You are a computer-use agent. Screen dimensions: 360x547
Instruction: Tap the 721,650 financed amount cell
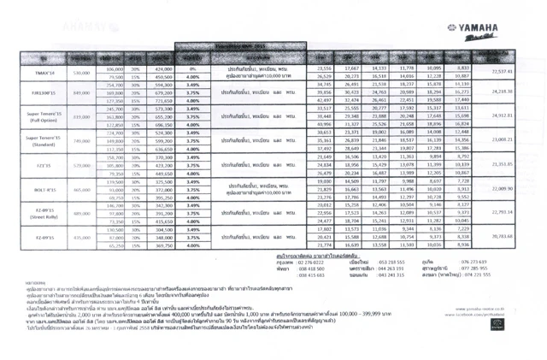[164, 100]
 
